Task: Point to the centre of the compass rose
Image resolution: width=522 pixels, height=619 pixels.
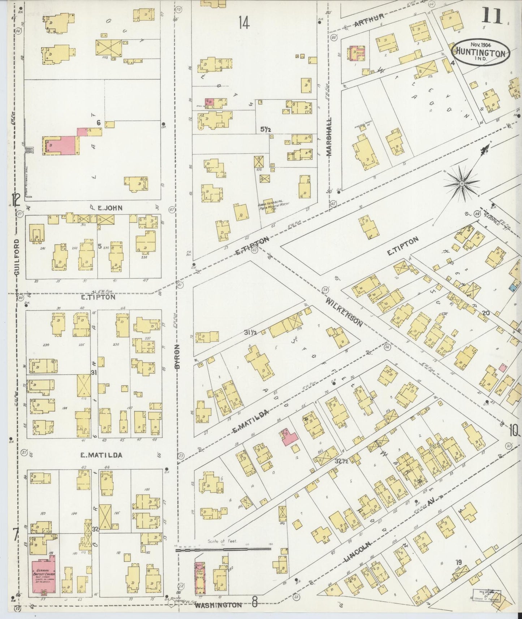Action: click(461, 184)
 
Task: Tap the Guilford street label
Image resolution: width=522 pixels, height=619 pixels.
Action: click(17, 257)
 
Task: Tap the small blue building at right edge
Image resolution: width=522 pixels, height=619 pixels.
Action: click(512, 288)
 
